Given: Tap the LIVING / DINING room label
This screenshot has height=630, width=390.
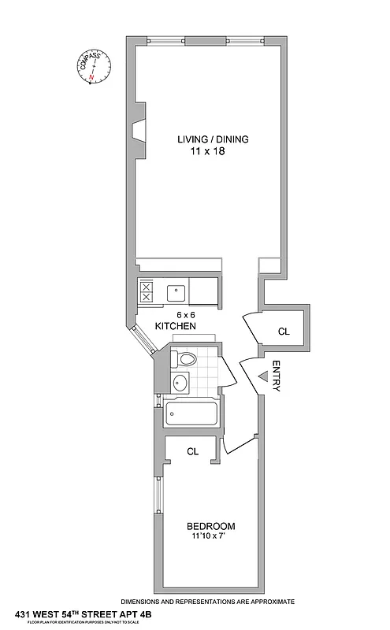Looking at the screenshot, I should pos(212,139).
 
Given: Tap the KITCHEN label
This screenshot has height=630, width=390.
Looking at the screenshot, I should pos(175,326).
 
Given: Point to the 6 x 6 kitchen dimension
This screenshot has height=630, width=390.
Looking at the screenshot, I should pos(185,313).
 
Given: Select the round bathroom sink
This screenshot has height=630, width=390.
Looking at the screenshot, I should pos(180,384).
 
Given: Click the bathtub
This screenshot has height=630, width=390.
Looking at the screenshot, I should pos(191,413).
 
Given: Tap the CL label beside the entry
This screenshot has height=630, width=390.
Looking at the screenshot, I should pos(284,332).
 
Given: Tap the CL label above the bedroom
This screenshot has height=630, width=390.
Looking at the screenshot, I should pos(191,452).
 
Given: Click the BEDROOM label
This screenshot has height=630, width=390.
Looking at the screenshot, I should pos(210,526).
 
